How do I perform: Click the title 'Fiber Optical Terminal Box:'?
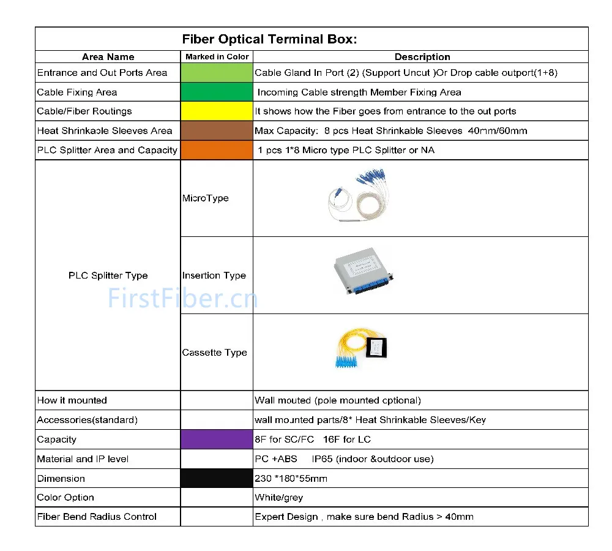coord(269,39)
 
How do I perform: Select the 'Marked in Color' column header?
coord(217,57)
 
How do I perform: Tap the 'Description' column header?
coord(422,57)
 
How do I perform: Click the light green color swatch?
coord(217,73)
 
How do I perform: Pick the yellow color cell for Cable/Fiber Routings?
coord(217,111)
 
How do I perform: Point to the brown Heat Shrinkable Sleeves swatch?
coord(217,131)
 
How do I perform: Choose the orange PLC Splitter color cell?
coord(217,150)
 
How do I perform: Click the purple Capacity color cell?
coord(217,440)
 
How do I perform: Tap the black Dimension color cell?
coord(217,478)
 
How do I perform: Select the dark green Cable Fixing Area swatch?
coord(217,92)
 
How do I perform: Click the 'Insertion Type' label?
coord(214,275)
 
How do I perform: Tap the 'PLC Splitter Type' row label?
coord(108,275)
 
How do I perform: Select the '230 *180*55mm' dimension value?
coord(291,479)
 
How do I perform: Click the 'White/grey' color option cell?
coord(278,498)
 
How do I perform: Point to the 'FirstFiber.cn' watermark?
coord(183,298)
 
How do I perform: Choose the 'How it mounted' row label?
coord(72,400)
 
